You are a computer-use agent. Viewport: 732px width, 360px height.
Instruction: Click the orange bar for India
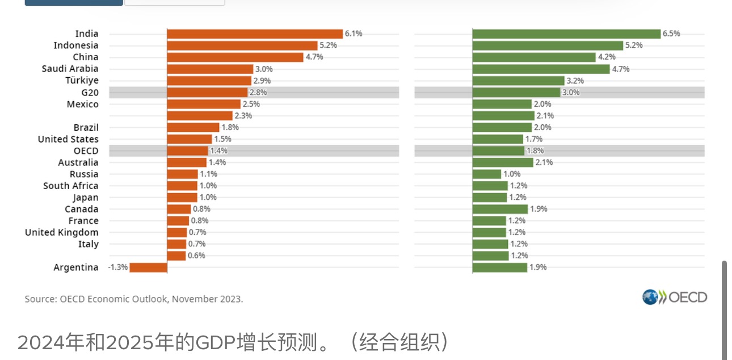tap(255, 34)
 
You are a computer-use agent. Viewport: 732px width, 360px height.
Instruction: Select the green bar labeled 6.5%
tap(566, 34)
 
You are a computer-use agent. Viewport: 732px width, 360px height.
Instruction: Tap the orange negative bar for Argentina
tap(148, 267)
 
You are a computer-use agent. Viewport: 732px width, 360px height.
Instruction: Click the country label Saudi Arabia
tap(70, 69)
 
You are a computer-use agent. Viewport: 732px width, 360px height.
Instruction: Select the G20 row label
tap(90, 93)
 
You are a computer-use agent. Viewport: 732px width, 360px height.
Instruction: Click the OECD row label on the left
tap(86, 151)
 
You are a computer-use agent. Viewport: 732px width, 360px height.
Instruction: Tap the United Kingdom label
tap(61, 232)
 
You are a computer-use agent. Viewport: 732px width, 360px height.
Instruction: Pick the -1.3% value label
tap(118, 267)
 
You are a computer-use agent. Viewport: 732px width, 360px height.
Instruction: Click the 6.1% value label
tap(354, 34)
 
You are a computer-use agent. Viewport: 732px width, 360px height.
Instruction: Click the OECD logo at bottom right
tap(675, 297)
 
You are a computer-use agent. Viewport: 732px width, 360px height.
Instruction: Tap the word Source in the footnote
tap(40, 299)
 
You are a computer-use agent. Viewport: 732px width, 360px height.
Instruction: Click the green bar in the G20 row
tap(516, 93)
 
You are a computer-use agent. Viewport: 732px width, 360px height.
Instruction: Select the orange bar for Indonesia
tap(242, 45)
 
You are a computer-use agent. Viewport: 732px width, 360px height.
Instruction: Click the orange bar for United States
tap(190, 139)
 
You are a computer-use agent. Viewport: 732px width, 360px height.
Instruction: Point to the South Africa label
tap(70, 186)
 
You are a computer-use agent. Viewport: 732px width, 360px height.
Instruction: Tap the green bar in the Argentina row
tap(500, 267)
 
